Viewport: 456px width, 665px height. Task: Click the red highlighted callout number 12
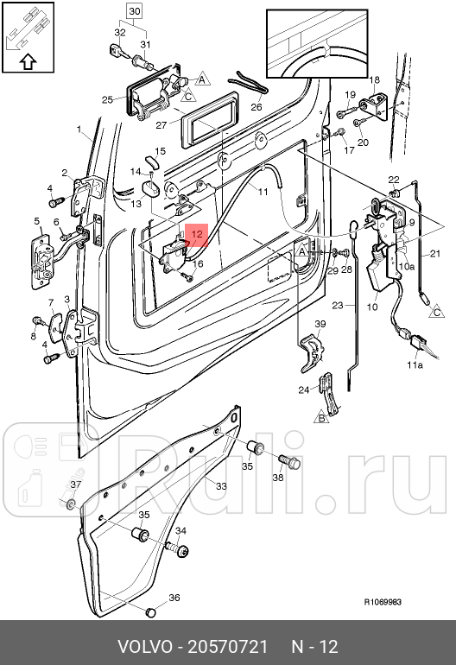[x=197, y=234]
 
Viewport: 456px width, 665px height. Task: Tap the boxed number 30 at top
[x=134, y=11]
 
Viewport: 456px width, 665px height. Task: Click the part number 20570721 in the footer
[x=228, y=647]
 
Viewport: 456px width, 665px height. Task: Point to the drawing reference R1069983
[x=383, y=602]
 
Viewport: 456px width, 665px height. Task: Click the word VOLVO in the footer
[x=144, y=647]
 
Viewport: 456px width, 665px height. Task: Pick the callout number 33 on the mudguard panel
[x=221, y=486]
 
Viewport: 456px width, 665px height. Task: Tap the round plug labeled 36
[x=150, y=612]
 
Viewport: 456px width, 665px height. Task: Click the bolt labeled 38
[x=290, y=461]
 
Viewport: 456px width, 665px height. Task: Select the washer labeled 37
[x=72, y=503]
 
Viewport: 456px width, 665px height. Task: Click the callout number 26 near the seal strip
[x=256, y=107]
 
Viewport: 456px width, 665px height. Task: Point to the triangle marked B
[x=321, y=418]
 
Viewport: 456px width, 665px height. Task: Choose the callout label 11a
[x=415, y=364]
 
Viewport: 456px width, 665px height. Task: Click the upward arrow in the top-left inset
[x=28, y=62]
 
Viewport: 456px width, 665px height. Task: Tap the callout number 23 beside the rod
[x=337, y=305]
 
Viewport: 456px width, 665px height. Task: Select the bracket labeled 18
[x=372, y=104]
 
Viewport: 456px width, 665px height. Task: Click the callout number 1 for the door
[x=79, y=129]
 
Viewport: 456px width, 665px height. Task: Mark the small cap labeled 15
[x=152, y=162]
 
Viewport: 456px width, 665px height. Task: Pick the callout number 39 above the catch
[x=320, y=324]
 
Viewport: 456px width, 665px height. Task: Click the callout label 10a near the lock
[x=407, y=266]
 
